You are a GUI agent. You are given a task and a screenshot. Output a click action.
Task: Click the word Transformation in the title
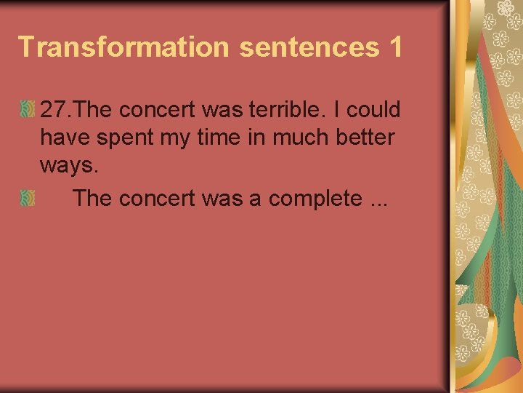coord(123,47)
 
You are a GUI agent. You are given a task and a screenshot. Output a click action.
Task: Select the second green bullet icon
coord(28,198)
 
